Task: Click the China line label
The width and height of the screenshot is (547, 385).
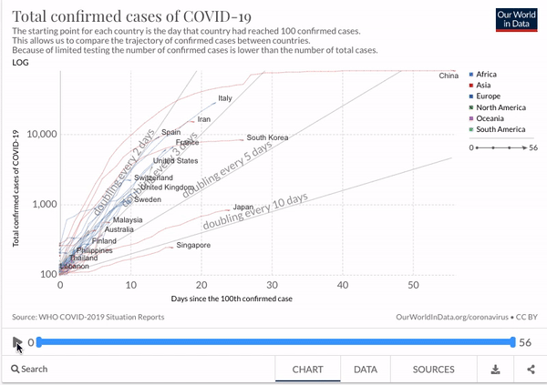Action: [x=448, y=76]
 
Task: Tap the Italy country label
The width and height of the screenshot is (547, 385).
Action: [x=225, y=98]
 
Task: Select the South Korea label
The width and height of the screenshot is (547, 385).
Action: [x=267, y=138]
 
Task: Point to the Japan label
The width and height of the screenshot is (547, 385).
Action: [x=243, y=208]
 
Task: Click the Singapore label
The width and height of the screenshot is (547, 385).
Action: [x=193, y=246]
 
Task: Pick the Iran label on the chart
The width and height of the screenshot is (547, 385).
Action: [x=203, y=119]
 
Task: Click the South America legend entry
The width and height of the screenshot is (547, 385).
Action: [x=501, y=129]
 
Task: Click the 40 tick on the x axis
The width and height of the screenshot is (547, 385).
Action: [x=343, y=286]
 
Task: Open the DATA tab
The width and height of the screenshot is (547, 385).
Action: [x=366, y=370]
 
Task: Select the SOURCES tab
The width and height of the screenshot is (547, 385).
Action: [x=433, y=370]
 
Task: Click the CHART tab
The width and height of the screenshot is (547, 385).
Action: [x=308, y=370]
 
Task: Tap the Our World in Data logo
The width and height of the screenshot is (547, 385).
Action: [x=520, y=23]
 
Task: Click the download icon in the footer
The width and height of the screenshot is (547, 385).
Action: [x=495, y=370]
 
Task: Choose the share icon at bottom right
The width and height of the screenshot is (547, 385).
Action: [x=531, y=370]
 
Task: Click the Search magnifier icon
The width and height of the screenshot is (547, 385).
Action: [x=16, y=370]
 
